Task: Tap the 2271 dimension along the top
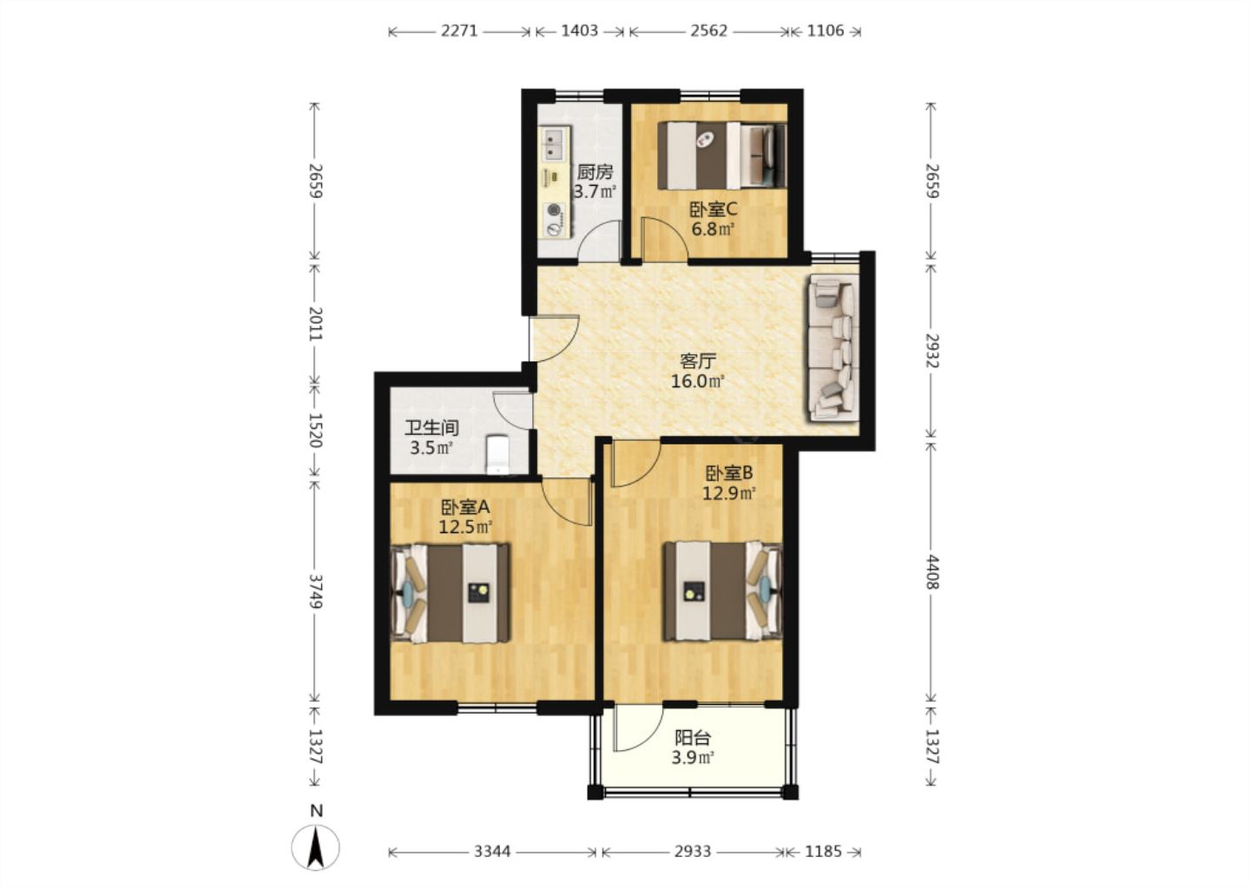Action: pos(459,30)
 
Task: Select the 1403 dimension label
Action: pos(579,30)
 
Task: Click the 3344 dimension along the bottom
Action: pos(492,852)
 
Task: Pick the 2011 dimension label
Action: pos(316,324)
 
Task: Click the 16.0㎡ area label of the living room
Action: pos(697,382)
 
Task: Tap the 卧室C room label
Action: pos(714,210)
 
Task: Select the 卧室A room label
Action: pos(465,507)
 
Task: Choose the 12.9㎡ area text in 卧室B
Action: pos(729,493)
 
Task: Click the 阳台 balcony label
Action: pos(693,738)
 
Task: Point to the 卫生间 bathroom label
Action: pos(431,428)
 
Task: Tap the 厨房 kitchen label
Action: pos(595,172)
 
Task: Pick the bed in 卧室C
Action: pos(721,155)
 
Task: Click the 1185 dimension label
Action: pos(823,852)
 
